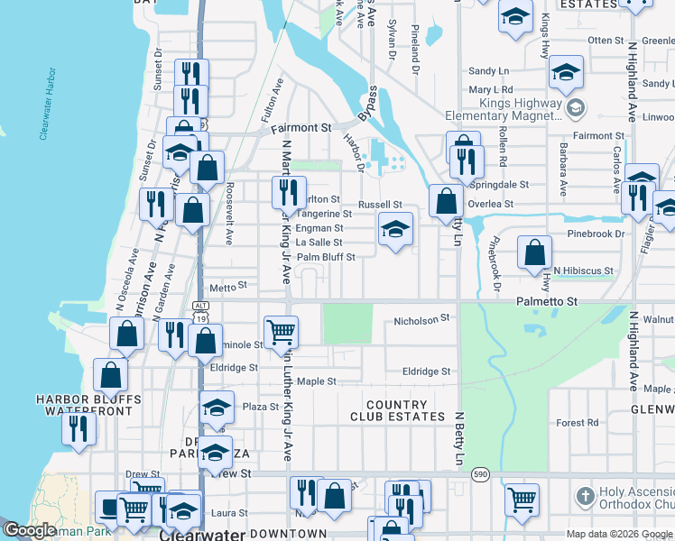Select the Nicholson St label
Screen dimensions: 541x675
tap(421, 320)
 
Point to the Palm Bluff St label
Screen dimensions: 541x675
tap(326, 257)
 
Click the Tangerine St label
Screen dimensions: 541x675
tap(323, 215)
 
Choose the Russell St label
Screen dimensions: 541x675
tap(380, 205)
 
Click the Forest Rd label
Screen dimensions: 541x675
tap(578, 422)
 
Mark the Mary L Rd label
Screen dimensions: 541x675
tap(490, 90)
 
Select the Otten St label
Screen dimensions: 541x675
tap(606, 41)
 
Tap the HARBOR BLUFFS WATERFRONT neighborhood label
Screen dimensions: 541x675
tap(88, 405)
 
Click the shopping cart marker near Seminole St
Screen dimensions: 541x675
tap(282, 332)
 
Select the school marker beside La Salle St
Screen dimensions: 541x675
tap(394, 230)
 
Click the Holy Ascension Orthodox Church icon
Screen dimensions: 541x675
tap(585, 497)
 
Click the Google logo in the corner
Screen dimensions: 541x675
tap(30, 530)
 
